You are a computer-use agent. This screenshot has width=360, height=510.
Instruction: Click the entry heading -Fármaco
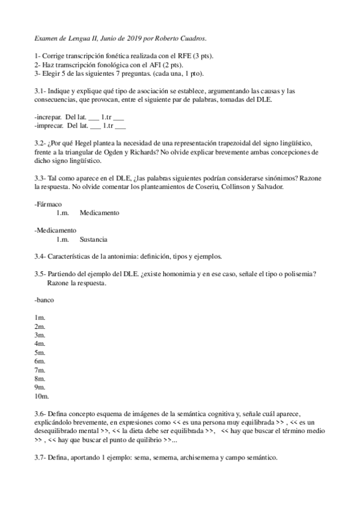(49, 204)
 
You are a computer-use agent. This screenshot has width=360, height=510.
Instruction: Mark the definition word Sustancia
(93, 239)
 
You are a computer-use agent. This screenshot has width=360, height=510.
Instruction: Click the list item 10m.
(41, 396)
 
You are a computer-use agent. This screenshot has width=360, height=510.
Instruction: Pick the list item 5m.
(40, 352)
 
